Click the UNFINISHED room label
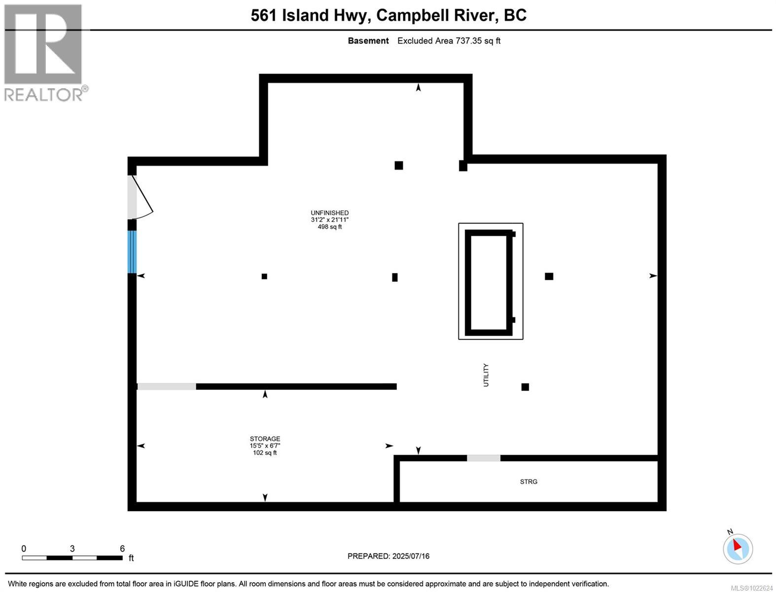(329, 213)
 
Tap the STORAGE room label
(265, 439)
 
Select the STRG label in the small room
(529, 481)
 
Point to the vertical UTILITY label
(486, 375)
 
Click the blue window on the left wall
(132, 252)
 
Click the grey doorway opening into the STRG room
(484, 458)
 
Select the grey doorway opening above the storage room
(167, 387)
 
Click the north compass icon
(738, 548)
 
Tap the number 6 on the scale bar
(122, 549)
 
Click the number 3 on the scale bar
(72, 549)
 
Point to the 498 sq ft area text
(329, 227)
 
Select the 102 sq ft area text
(265, 453)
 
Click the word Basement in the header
(368, 41)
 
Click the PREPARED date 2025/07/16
(411, 556)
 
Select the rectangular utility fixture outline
(491, 281)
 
